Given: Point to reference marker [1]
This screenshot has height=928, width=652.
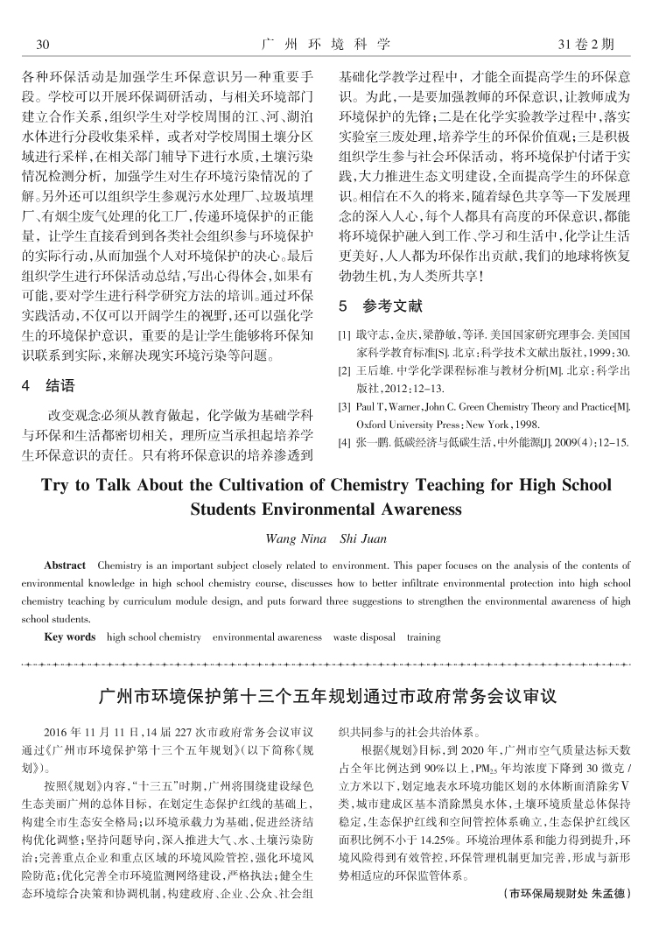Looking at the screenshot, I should pyautogui.click(x=344, y=334).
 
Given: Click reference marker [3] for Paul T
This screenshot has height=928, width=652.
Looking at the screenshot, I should pyautogui.click(x=344, y=407).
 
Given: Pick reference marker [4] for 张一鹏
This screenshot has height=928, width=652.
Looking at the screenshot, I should pyautogui.click(x=344, y=442).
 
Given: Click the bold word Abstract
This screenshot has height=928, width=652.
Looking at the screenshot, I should pyautogui.click(x=65, y=566).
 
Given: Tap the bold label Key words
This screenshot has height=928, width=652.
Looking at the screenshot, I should pyautogui.click(x=70, y=637).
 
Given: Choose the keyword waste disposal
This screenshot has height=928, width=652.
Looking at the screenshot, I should pyautogui.click(x=364, y=637).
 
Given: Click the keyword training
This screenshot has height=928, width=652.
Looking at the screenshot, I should pyautogui.click(x=424, y=637).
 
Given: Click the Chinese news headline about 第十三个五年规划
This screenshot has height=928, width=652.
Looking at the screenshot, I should pyautogui.click(x=326, y=698).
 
